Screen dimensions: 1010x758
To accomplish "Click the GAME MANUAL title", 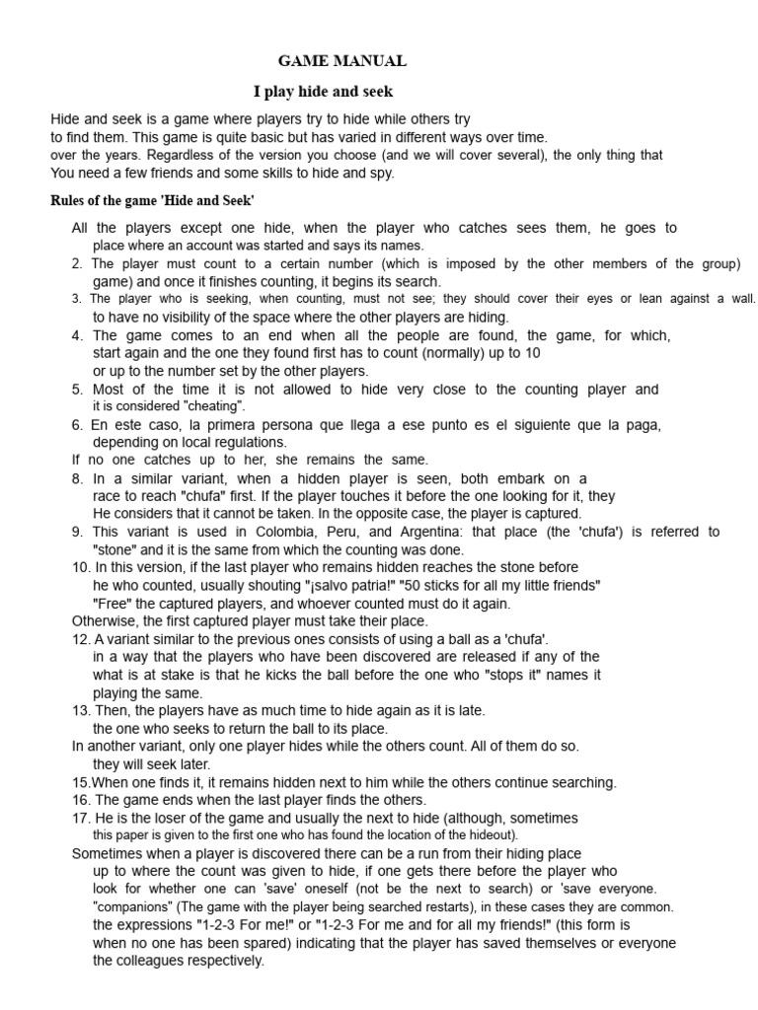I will pos(341,61).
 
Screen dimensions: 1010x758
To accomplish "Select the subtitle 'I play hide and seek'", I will pos(323,92).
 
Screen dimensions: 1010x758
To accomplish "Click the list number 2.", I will pos(77,263).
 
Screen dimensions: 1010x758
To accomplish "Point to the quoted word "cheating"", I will pos(210,406).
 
